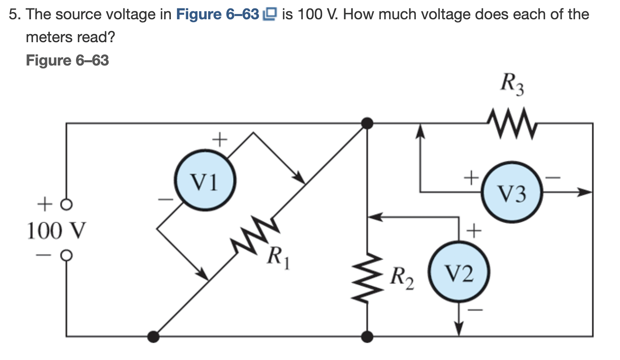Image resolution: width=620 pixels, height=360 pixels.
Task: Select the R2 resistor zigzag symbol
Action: pos(367,277)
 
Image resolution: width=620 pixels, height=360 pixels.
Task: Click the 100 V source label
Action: pos(56,231)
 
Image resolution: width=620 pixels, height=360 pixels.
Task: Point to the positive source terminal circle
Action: pos(67,205)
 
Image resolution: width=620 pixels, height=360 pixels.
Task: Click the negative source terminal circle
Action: pos(67,255)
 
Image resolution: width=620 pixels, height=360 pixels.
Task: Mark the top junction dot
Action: pos(367,123)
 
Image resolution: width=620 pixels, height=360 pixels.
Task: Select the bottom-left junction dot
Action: pos(153,336)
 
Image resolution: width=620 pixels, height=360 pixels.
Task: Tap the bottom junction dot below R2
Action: pos(367,336)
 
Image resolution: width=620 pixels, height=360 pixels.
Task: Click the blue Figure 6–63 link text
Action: pos(218,14)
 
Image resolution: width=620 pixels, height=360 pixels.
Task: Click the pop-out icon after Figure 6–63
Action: pos(269,14)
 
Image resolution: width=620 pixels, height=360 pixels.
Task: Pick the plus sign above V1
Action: pos(220,140)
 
